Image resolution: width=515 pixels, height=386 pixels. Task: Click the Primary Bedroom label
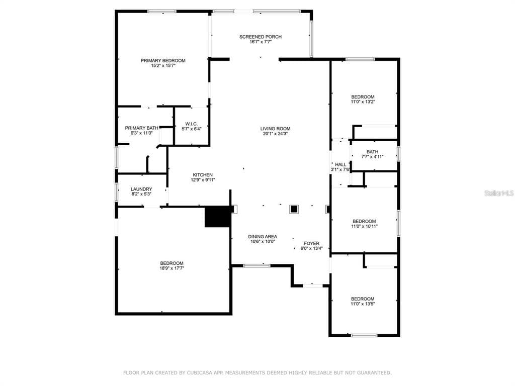(x=163, y=60)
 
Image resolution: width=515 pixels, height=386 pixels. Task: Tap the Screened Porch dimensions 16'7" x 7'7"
(x=261, y=42)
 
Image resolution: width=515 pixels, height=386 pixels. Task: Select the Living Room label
(x=275, y=129)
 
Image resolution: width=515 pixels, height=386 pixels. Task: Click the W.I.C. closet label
(x=192, y=124)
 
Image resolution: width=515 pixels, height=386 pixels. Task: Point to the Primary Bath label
(x=141, y=128)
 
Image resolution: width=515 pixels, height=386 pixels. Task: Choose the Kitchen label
(x=203, y=174)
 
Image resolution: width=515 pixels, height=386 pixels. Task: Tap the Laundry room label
(x=141, y=189)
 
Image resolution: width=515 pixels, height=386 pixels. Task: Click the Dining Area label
(x=263, y=236)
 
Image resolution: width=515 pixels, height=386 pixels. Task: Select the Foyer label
(x=311, y=243)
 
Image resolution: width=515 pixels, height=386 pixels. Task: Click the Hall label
(x=340, y=164)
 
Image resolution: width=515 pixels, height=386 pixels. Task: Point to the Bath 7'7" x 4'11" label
(x=372, y=154)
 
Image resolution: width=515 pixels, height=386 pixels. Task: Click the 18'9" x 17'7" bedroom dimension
(x=172, y=268)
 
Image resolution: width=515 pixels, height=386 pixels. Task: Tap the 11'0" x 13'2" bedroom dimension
(x=363, y=102)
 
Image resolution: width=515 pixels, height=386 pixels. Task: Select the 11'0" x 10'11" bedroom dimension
(x=364, y=226)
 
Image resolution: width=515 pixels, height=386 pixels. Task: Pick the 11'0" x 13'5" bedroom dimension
(x=363, y=304)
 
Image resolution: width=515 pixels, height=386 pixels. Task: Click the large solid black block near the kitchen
(x=217, y=217)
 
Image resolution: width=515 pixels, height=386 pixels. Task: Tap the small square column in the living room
(x=294, y=209)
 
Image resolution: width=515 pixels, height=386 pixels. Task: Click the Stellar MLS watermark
(x=499, y=193)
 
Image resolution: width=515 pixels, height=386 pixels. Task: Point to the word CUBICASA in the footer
(x=201, y=372)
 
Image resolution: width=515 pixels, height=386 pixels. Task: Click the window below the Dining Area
(x=257, y=265)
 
